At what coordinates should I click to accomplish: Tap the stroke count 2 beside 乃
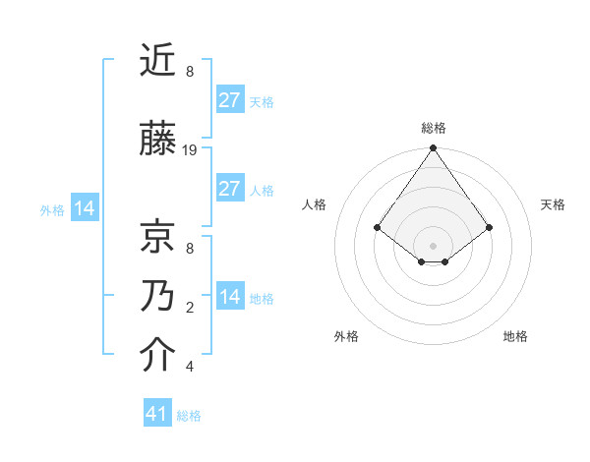tap(190, 308)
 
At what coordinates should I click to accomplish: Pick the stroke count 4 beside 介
tap(190, 367)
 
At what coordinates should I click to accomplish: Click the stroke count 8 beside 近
tap(190, 72)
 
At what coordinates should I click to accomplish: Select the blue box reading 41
tap(157, 414)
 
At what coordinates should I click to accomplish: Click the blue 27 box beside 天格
tap(229, 99)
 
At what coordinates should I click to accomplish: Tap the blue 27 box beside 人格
tap(229, 189)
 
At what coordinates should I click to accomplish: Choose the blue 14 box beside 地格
tap(229, 297)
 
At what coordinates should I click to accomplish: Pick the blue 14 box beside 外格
tap(84, 208)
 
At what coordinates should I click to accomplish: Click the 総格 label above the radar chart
tap(434, 128)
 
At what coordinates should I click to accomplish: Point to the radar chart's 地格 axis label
tap(515, 336)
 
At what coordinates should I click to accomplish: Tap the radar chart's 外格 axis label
tap(346, 336)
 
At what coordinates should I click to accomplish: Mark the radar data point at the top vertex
tap(433, 149)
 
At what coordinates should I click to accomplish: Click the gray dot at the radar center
tap(433, 245)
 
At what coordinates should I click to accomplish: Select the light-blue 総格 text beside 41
tap(189, 416)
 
